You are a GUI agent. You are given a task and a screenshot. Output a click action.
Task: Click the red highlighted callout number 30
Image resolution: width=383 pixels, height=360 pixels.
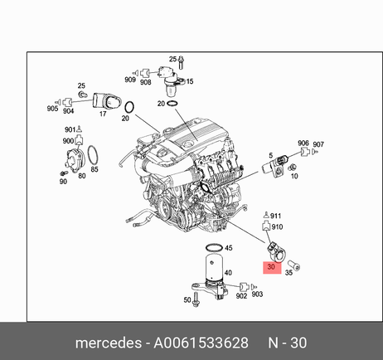(271, 267)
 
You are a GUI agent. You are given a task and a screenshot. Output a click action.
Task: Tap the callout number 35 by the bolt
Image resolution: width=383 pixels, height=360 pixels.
(288, 273)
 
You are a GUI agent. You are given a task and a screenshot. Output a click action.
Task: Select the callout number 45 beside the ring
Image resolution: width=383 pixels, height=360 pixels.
(229, 248)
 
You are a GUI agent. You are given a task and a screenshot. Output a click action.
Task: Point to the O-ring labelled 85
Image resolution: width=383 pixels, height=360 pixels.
(93, 155)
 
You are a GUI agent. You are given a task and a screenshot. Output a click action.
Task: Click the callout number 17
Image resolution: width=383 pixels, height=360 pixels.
(103, 114)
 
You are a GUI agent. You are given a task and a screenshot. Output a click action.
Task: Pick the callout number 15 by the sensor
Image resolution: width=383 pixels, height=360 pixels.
(190, 81)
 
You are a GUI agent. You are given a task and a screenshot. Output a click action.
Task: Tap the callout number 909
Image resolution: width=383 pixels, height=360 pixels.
(130, 80)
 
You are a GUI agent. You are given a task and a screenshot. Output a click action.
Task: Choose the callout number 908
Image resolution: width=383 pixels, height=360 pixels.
(146, 82)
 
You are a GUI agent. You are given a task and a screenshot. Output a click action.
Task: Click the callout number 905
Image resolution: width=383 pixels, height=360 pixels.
(52, 109)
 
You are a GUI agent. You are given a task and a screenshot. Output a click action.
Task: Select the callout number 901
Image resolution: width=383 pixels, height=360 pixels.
(70, 129)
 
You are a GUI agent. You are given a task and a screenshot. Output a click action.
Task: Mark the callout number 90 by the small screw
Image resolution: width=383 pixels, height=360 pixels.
(63, 182)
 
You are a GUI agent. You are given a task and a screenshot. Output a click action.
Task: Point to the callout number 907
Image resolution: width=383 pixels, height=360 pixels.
(318, 144)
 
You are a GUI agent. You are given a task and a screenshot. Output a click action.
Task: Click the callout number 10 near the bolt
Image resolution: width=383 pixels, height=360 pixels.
(294, 176)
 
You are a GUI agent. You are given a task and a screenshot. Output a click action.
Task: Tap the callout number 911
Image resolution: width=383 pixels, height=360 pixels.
(275, 216)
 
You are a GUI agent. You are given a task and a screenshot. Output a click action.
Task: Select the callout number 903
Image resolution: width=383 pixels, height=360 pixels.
(257, 294)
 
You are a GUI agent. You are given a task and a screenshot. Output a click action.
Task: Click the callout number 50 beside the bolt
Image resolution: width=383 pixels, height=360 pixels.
(187, 299)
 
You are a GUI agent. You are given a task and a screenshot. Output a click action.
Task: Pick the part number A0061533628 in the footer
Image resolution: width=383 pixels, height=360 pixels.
(201, 343)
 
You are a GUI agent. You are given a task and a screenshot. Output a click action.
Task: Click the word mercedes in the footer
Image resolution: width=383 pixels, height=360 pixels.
(109, 343)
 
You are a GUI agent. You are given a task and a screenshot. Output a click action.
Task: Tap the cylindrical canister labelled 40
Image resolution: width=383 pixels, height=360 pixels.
(214, 267)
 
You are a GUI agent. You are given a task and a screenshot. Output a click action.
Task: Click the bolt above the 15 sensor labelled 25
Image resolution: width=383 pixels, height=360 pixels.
(182, 62)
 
